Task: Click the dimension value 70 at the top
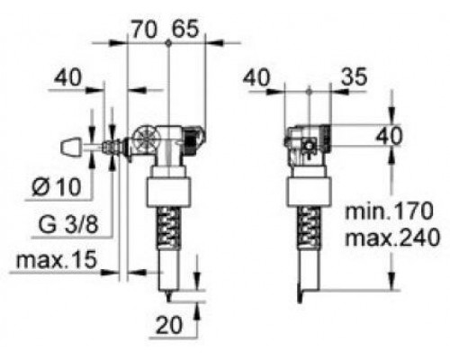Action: point(144,30)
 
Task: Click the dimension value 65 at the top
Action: point(185,29)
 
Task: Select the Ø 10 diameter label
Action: point(57,187)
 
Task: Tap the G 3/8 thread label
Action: point(68,224)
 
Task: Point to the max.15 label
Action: point(57,260)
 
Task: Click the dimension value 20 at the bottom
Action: point(169,325)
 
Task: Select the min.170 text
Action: point(389,211)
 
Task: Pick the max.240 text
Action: point(392,238)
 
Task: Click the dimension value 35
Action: point(354,76)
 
